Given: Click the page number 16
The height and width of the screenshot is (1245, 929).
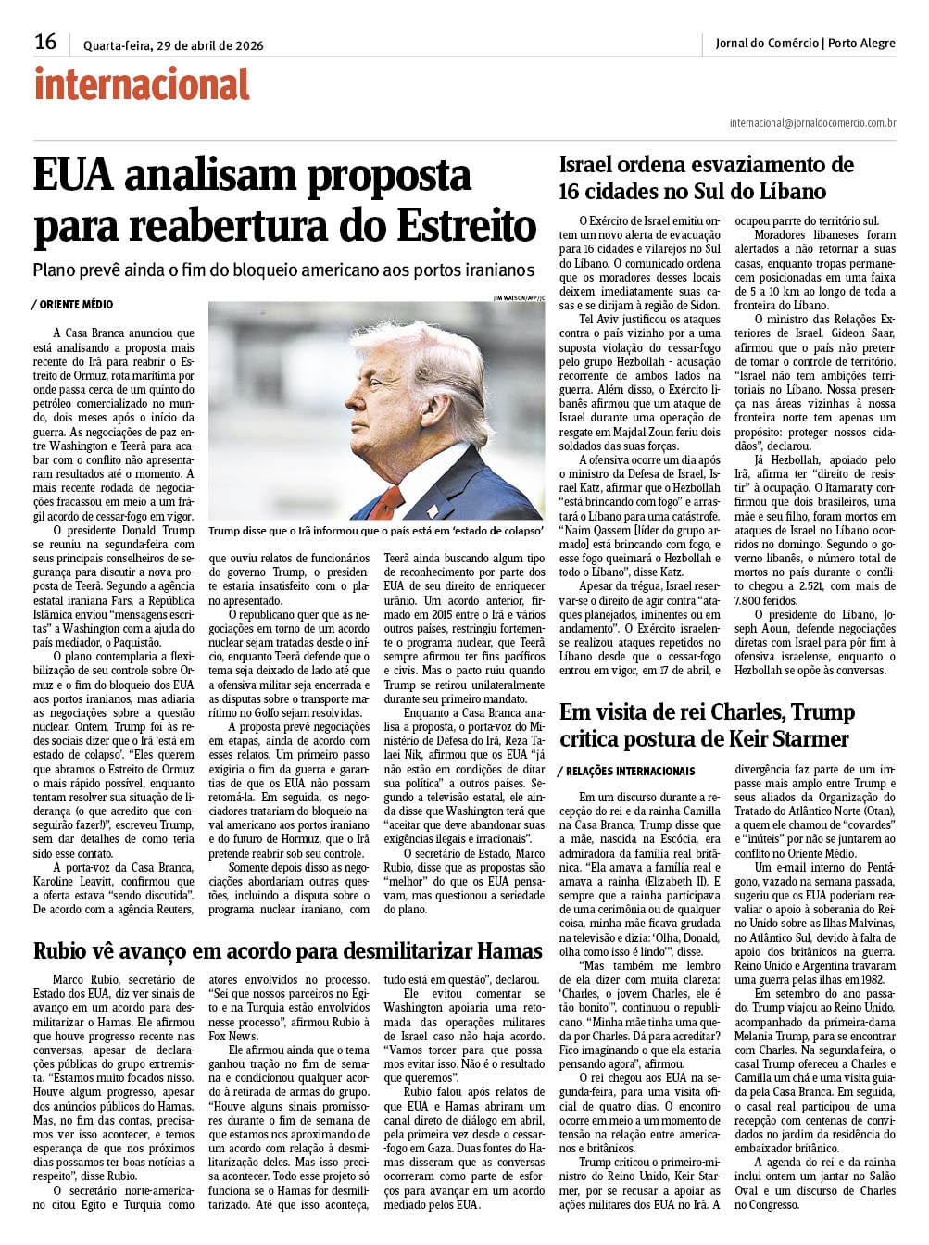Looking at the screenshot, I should tap(45, 42).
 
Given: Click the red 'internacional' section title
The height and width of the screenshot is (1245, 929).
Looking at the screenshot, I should tap(142, 84).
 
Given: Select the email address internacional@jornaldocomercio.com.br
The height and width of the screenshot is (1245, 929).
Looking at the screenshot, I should tap(812, 122).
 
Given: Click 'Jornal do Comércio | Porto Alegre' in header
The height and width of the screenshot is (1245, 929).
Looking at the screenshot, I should tap(805, 43).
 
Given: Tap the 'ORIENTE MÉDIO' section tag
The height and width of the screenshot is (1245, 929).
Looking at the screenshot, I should tap(75, 304).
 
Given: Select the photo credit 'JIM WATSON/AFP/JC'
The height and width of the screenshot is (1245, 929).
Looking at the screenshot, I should tap(520, 297).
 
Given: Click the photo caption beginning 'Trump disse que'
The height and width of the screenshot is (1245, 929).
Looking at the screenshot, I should tap(375, 531).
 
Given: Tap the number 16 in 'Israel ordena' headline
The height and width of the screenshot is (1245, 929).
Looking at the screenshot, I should tap(573, 192).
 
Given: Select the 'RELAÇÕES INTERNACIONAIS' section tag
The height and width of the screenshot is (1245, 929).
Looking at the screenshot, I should tap(629, 771).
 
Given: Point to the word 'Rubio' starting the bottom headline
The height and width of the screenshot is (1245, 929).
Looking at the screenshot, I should tap(62, 950).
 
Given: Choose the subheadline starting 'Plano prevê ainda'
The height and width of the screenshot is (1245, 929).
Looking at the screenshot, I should tap(283, 270).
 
